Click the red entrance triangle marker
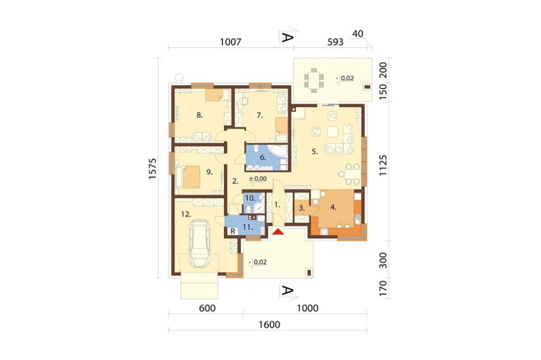coord(278,232)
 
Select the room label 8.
coord(200,115)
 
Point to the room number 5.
coord(315,151)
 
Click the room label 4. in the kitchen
coord(333,207)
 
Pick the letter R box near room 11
coord(233,231)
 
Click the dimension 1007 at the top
coord(230,42)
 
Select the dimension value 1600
coord(269,324)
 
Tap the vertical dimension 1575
coord(153,168)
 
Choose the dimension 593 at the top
coord(335,42)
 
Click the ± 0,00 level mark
coord(258,179)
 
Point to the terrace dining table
coord(314,81)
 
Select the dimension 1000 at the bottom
coord(307,308)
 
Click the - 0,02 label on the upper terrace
coord(345,78)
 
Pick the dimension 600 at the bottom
coord(207,308)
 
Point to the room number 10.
coord(250,198)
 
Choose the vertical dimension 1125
coord(384,165)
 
